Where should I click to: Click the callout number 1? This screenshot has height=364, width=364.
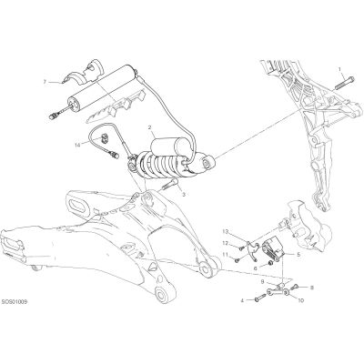[x=339, y=69]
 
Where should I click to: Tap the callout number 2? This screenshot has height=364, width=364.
[x=149, y=127]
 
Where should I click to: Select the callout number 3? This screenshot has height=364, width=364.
[x=184, y=195]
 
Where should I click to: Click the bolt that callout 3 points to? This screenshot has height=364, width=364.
[x=170, y=184]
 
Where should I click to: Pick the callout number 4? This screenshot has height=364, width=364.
[x=242, y=300]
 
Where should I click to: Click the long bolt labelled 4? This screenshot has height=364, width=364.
[x=259, y=298]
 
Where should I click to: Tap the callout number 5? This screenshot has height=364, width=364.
[x=298, y=255]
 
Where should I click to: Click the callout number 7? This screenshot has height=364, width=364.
[x=45, y=82]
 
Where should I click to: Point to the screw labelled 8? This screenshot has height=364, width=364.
[x=296, y=287]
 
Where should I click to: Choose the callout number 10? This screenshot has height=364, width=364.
[x=300, y=300]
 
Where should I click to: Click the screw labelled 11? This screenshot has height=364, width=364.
[x=237, y=259]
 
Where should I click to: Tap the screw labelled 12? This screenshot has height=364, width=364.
[x=241, y=248]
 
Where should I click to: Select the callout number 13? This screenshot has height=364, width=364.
[x=225, y=231]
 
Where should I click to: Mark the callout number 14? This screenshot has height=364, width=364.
[x=76, y=146]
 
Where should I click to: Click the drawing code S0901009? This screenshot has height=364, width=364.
[x=15, y=302]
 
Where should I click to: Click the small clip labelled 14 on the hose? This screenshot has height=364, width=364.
[x=105, y=137]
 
